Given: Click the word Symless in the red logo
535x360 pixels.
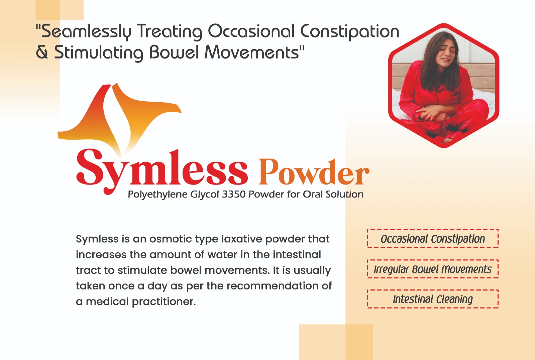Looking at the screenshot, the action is point(162,171).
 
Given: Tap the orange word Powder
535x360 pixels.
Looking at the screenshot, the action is point(314,172).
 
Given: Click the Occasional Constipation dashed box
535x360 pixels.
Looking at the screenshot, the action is point(433,238).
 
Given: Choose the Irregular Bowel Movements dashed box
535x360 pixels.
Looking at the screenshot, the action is point(433,269).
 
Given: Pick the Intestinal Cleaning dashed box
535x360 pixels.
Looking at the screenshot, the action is point(433,299).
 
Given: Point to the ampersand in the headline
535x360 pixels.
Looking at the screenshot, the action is point(42,52).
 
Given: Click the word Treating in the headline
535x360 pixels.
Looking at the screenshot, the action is point(169,32).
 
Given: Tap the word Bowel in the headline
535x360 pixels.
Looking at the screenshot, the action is point(174,52).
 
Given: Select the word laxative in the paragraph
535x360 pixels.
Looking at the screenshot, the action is point(242,239).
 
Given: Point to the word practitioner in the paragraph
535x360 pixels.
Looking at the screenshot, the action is point(164,302).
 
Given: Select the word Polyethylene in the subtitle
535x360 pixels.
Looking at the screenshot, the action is point(157,195).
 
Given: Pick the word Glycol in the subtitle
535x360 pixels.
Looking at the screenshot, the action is point(205,195).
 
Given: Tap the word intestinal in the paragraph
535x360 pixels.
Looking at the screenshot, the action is point(297,255).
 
